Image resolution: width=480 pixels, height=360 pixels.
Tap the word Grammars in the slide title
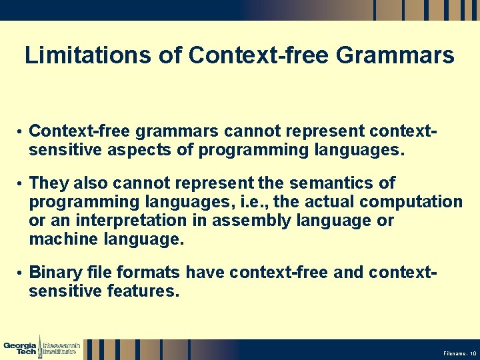coord(396,55)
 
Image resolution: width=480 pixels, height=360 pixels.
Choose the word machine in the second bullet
coord(66,239)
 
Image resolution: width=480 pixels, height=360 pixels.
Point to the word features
coord(143,291)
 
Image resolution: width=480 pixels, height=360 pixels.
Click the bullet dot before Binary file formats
coord(21,273)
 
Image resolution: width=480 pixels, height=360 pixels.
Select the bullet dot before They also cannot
coord(21,183)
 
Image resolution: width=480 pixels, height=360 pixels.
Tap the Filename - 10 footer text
coord(459,353)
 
